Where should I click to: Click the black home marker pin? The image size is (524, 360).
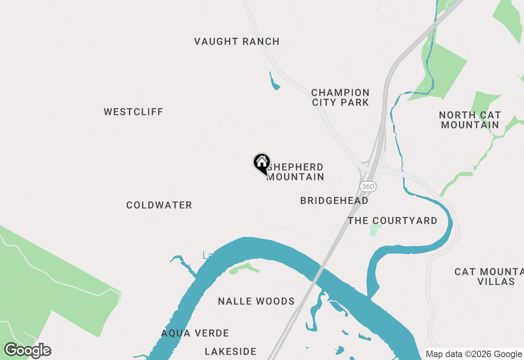pos(262,163)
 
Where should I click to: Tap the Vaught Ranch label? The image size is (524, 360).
pos(237,41)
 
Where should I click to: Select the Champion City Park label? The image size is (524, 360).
pos(340,97)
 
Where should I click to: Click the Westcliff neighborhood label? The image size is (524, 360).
pos(133,112)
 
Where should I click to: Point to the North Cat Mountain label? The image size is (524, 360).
pos(470,120)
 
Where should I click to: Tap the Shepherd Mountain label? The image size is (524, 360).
pos(296,172)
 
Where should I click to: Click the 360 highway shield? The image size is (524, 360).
pos(368,187)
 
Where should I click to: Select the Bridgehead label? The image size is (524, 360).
pos(334,200)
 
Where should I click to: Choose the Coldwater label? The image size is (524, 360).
pos(159,205)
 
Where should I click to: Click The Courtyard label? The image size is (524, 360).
pos(393,221)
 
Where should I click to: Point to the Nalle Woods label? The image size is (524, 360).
pos(256,301)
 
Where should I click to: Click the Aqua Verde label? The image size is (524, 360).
pos(195,333)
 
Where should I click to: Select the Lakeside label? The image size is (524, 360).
pos(230,351)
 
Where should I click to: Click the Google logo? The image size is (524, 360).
pos(28,351)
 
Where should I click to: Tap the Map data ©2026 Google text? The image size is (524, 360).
pos(474,354)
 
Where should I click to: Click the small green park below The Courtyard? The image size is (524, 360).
pos(375,230)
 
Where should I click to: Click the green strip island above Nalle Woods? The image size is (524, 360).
pos(244,268)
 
